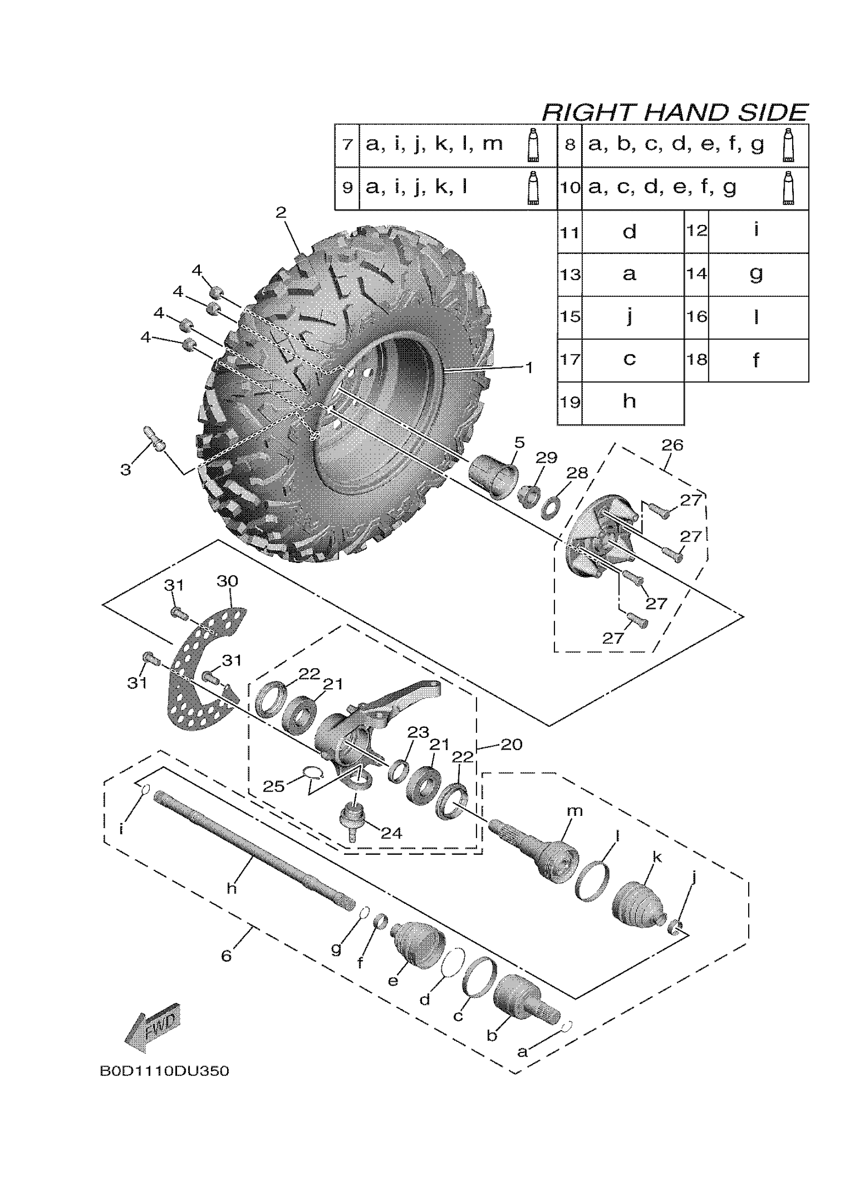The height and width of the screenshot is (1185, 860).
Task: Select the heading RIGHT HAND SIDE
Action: pos(674,113)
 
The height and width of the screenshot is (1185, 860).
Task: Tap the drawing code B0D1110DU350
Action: pos(164,1071)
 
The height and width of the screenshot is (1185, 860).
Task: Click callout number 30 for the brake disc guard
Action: pos(227,581)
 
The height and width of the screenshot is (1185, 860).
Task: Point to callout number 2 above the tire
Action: pos(281,212)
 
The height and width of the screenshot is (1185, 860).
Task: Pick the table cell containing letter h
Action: pos(630,402)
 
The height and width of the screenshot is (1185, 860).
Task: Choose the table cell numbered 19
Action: pos(570,402)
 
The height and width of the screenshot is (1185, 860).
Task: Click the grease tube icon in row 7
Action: pos(533,145)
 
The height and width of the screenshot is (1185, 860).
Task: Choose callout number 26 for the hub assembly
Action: pos(672,445)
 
